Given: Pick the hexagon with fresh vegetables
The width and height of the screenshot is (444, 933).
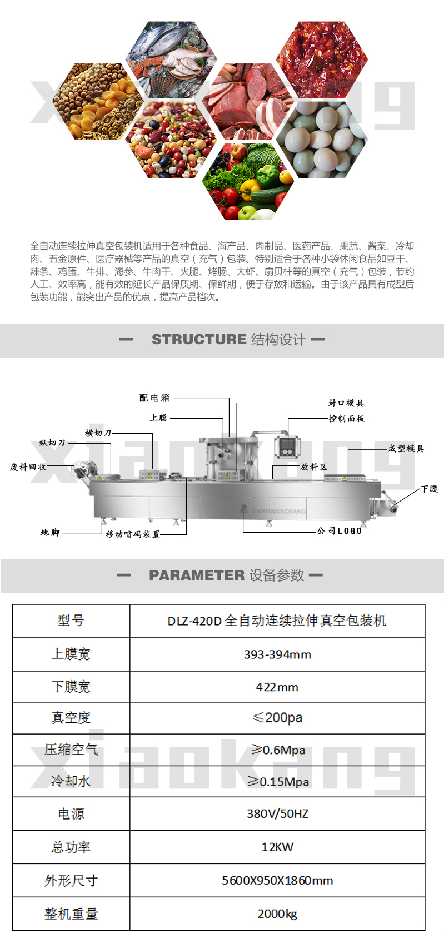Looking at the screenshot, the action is click(x=248, y=181).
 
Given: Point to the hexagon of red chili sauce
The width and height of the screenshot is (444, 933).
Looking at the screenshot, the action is click(x=322, y=59).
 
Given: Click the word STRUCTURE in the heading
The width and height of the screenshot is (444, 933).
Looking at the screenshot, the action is click(x=199, y=340).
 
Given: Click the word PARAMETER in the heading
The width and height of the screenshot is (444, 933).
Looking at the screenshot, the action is click(x=197, y=575).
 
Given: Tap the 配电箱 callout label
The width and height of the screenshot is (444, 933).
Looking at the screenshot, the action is click(x=155, y=398).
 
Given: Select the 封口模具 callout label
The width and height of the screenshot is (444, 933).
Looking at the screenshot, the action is click(x=346, y=403).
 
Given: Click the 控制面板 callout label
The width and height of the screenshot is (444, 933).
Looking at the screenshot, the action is click(x=346, y=419).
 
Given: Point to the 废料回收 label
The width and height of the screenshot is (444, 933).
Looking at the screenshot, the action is click(x=28, y=467).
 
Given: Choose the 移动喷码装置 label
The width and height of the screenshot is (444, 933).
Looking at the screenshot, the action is click(x=133, y=534).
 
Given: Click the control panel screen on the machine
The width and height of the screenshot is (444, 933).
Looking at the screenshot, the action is click(x=287, y=446).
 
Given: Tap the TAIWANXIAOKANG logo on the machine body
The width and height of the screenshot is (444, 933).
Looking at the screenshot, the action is click(x=279, y=511).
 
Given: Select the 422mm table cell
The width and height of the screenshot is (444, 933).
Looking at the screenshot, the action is click(x=277, y=687).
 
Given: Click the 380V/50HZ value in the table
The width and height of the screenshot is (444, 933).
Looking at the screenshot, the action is click(x=277, y=813).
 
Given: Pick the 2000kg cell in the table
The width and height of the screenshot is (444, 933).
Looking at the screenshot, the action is click(x=277, y=914).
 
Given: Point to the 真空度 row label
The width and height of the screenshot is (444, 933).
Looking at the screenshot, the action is click(x=71, y=717).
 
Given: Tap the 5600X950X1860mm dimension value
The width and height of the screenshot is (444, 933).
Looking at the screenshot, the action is click(x=277, y=880).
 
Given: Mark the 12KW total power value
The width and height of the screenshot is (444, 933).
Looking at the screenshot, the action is click(x=277, y=847).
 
